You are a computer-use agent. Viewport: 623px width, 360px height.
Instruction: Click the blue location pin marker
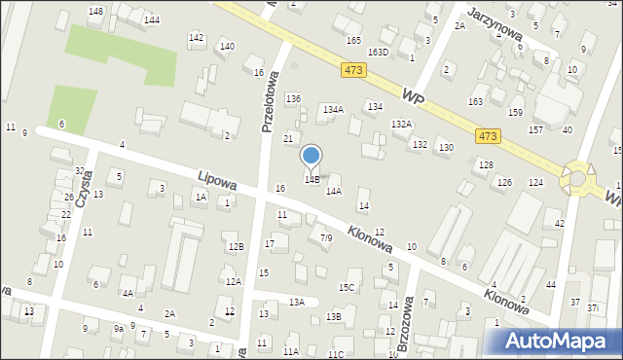311,156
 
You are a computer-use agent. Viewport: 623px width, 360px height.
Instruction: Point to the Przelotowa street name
271,101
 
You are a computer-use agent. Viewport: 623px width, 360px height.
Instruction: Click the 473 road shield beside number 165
353,70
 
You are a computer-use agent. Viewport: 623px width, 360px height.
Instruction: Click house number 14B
312,180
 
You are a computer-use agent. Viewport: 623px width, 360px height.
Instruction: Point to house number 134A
333,110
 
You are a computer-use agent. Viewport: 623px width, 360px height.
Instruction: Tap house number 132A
401,125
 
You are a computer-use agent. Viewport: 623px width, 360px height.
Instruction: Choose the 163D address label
379,53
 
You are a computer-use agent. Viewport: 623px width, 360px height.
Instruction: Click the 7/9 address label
326,237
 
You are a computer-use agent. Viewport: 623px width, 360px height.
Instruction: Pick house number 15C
347,287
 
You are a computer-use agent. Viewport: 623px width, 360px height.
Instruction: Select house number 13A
297,303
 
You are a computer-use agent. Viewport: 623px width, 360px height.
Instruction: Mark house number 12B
236,247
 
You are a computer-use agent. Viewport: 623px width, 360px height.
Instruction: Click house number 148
95,12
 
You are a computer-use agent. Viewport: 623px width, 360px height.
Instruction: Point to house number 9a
118,329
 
